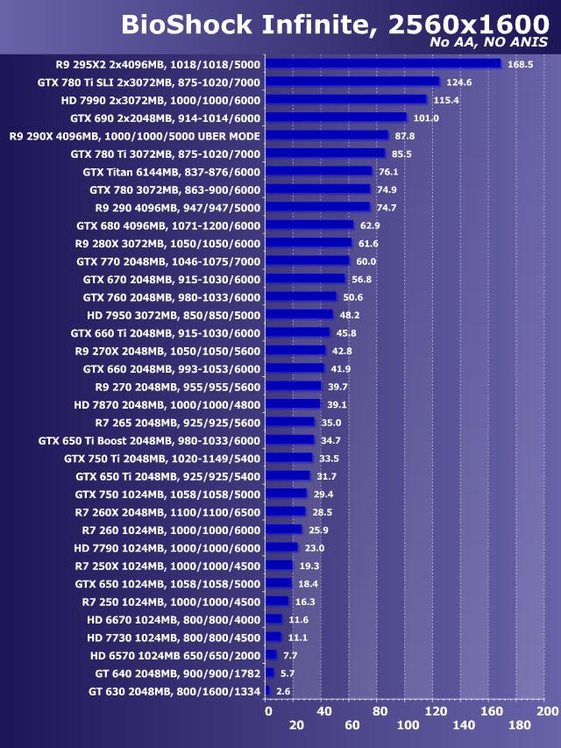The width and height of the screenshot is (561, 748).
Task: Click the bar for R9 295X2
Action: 382,63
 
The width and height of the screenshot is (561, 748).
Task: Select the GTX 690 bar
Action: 336,118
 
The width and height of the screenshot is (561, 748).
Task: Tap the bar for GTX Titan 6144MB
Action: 318,171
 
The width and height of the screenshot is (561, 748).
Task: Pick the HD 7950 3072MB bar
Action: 299,314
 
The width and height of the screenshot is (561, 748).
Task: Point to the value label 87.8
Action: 405,136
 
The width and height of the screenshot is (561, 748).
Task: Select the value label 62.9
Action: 370,225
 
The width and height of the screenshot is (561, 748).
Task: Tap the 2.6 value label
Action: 282,691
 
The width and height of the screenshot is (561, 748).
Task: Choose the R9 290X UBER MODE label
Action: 134,136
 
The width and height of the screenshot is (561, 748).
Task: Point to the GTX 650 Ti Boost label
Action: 149,440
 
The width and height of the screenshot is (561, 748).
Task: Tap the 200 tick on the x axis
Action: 547,710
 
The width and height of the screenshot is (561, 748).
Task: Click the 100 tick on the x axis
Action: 408,725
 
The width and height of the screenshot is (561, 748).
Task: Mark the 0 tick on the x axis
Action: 268,710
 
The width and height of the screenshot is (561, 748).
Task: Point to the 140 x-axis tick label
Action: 464,725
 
